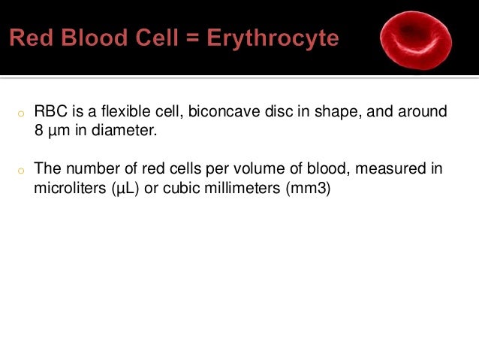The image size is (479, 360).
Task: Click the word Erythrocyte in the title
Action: [276, 38]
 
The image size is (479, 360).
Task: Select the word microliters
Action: [66, 187]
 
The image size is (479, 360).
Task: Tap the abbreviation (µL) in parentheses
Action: [116, 187]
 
